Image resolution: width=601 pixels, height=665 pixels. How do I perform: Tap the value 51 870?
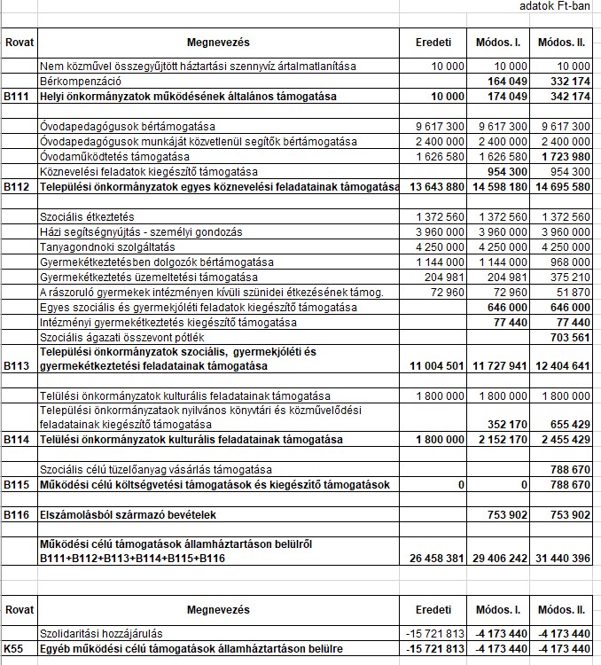point(573,292)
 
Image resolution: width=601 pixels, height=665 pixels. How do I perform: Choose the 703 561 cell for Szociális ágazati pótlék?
point(569,337)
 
